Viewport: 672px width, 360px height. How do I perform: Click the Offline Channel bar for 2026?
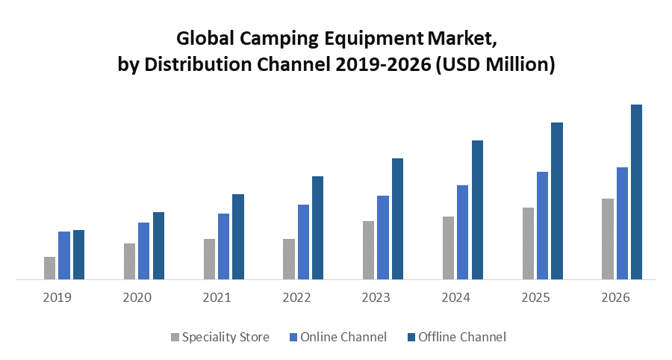click(x=636, y=192)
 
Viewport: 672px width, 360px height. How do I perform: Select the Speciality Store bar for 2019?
click(x=49, y=268)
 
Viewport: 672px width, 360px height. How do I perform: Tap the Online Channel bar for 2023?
click(x=383, y=238)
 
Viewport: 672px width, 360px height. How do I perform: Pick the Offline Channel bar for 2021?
click(x=238, y=237)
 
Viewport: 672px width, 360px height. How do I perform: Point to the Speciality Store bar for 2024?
click(x=448, y=248)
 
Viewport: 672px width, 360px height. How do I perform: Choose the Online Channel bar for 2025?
click(x=542, y=226)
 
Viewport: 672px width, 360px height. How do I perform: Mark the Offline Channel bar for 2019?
click(x=78, y=255)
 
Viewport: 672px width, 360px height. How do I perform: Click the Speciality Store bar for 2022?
click(x=288, y=259)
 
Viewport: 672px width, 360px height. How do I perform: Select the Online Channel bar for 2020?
click(x=143, y=251)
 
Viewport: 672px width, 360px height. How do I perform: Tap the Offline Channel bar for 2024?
click(x=477, y=210)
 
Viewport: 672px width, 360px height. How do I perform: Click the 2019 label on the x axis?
click(x=57, y=297)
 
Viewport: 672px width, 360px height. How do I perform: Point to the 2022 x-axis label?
click(x=296, y=297)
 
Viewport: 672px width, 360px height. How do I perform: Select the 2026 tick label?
click(x=615, y=297)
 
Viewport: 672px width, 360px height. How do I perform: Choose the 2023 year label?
click(x=376, y=297)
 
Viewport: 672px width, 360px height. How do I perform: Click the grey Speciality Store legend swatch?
click(x=175, y=337)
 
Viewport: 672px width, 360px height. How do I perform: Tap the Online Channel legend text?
click(x=343, y=337)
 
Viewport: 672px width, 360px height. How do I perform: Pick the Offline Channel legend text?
click(x=461, y=337)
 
